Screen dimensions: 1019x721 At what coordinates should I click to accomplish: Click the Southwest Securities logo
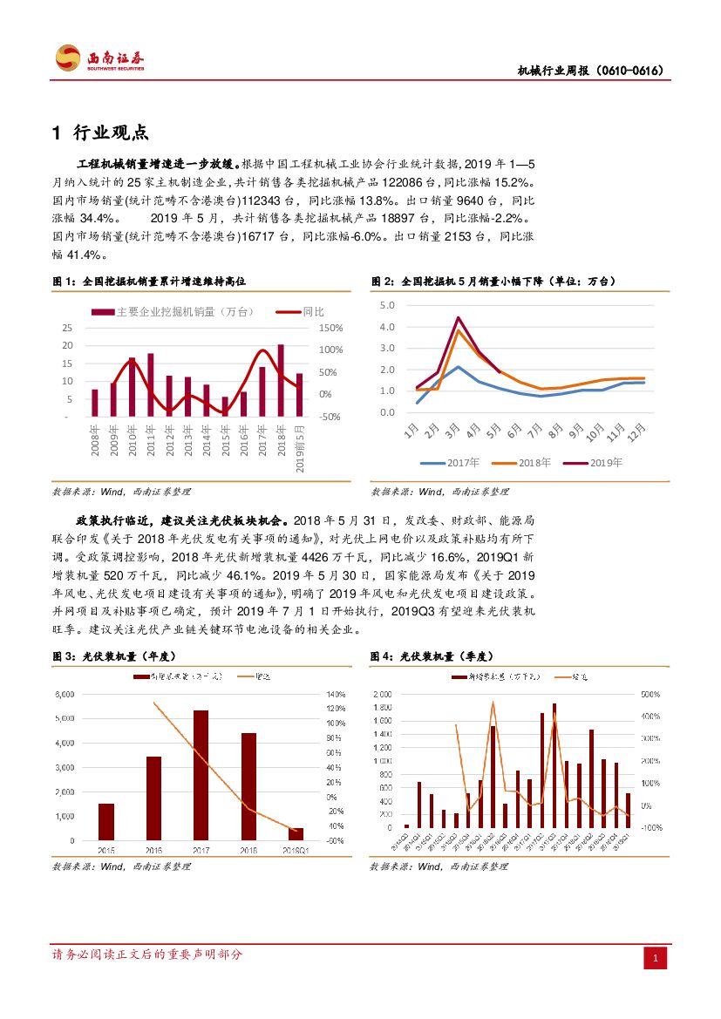(x=99, y=58)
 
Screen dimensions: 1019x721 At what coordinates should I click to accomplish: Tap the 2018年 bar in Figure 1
(x=281, y=380)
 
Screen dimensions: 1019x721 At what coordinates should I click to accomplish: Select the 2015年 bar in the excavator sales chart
(x=225, y=406)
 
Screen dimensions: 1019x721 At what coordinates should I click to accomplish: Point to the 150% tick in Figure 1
(x=331, y=328)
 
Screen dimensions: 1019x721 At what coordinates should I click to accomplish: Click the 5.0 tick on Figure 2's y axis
(x=387, y=305)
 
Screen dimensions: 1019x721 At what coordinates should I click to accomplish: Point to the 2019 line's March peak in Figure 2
(x=458, y=317)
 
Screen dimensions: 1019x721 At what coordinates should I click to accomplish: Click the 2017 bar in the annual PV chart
(x=201, y=775)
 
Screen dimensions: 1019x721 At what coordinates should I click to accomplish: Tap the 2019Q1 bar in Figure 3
(x=296, y=834)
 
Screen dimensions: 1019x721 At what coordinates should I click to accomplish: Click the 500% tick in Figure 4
(x=650, y=695)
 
